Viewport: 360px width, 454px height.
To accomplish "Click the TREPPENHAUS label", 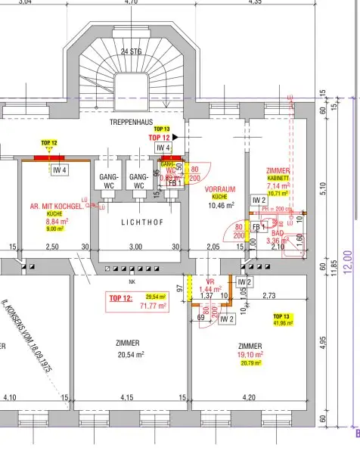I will click(132, 121).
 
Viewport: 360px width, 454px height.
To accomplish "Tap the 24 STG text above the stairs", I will click(131, 52).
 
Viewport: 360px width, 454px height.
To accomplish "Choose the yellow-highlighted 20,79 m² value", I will click(250, 364).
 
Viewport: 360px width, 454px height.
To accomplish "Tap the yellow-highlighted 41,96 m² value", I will click(281, 324).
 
